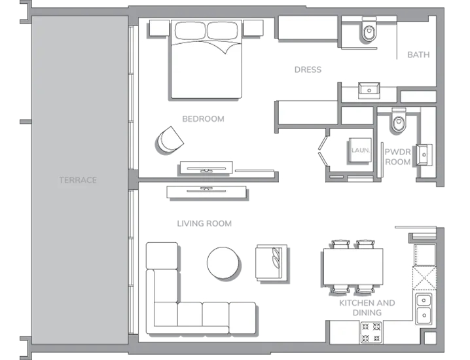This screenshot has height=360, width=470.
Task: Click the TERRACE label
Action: (x=78, y=180)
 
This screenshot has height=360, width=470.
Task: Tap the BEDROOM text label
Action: (x=203, y=118)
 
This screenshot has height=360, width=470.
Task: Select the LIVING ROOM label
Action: (x=204, y=223)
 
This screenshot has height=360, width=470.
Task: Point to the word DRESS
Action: (x=308, y=69)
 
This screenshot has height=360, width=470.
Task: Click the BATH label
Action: (x=418, y=54)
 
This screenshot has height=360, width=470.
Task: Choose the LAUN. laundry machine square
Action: (x=360, y=150)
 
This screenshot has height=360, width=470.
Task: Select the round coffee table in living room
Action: (x=223, y=263)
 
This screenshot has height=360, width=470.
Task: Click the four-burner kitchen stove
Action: (x=371, y=332)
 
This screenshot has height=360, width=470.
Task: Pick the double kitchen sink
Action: (x=424, y=309)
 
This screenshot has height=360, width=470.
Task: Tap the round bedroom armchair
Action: (x=170, y=140)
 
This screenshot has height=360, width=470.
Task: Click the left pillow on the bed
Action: (x=190, y=30)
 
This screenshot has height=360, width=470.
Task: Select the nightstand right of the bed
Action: (x=253, y=28)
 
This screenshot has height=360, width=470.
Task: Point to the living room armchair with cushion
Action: (x=271, y=262)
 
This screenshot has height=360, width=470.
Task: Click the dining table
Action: (x=353, y=267)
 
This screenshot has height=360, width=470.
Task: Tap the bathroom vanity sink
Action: (x=369, y=90)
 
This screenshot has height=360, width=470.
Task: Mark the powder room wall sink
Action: (x=424, y=154)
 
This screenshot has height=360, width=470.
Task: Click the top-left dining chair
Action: (x=340, y=244)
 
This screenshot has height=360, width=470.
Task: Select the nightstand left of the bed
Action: (x=160, y=28)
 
